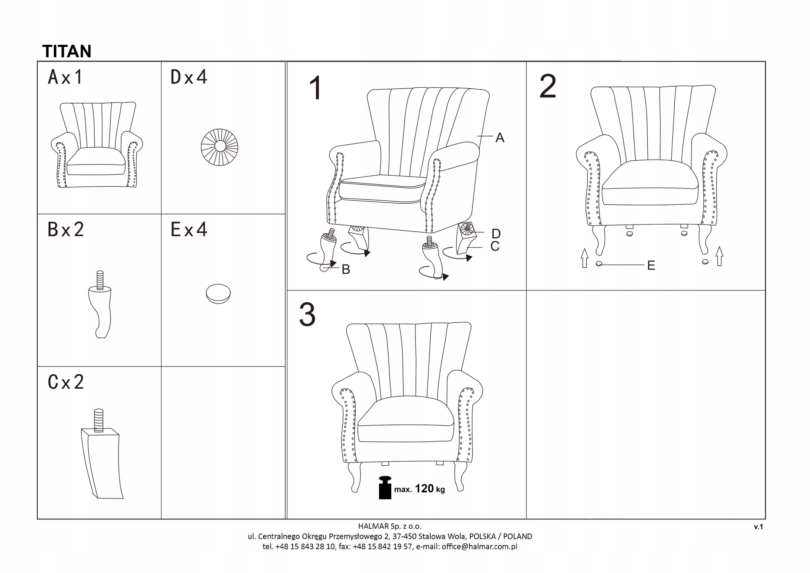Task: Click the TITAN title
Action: click(x=67, y=52)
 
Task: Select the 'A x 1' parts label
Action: click(x=65, y=77)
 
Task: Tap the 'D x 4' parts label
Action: click(x=189, y=77)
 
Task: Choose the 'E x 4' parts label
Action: click(x=189, y=230)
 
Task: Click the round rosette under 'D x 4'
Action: click(x=220, y=147)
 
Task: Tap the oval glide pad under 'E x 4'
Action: click(x=218, y=294)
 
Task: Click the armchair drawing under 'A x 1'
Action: click(x=97, y=145)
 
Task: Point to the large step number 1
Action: click(x=315, y=88)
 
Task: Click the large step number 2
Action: click(x=548, y=86)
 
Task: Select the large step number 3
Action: click(x=307, y=315)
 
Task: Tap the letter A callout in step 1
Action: click(x=500, y=138)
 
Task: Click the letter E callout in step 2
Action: click(x=651, y=265)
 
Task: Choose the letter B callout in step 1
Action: click(x=346, y=270)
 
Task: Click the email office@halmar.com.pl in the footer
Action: click(x=479, y=546)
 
